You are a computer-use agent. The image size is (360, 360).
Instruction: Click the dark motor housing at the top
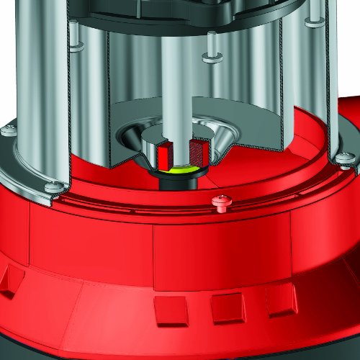click(180, 11)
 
